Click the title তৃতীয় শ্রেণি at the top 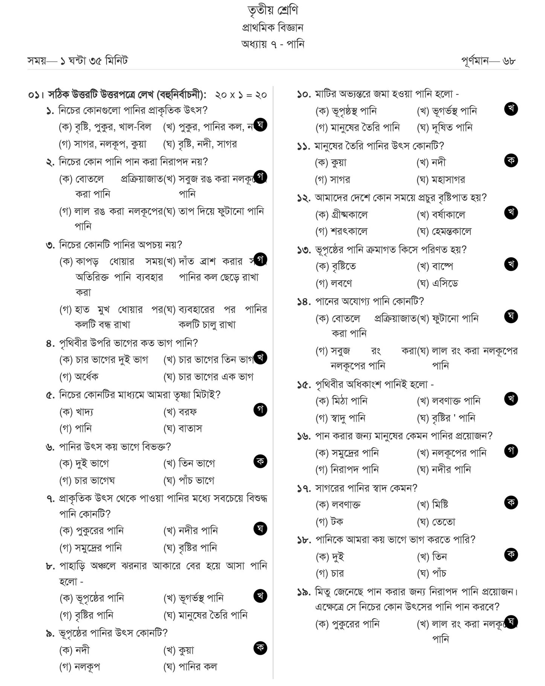pyautogui.click(x=272, y=11)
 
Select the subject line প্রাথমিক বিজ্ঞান pyautogui.click(x=272, y=27)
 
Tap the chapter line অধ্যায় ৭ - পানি pyautogui.click(x=272, y=44)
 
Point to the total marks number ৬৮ pyautogui.click(x=509, y=61)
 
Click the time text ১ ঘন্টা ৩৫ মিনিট pyautogui.click(x=94, y=61)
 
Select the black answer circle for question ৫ pyautogui.click(x=260, y=410)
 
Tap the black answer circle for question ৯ pyautogui.click(x=260, y=648)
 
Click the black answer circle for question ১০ pyautogui.click(x=511, y=109)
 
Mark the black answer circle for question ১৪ pyautogui.click(x=511, y=316)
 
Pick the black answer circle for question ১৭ pyautogui.click(x=511, y=502)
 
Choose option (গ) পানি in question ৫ pyautogui.click(x=76, y=428)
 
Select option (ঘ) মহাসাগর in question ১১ pyautogui.click(x=441, y=180)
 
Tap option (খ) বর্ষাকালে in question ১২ pyautogui.click(x=441, y=215)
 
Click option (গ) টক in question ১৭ pyautogui.click(x=329, y=522)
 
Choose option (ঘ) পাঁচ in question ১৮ pyautogui.click(x=431, y=573)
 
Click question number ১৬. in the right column pyautogui.click(x=304, y=436)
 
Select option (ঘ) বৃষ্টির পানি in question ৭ pyautogui.click(x=190, y=548)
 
